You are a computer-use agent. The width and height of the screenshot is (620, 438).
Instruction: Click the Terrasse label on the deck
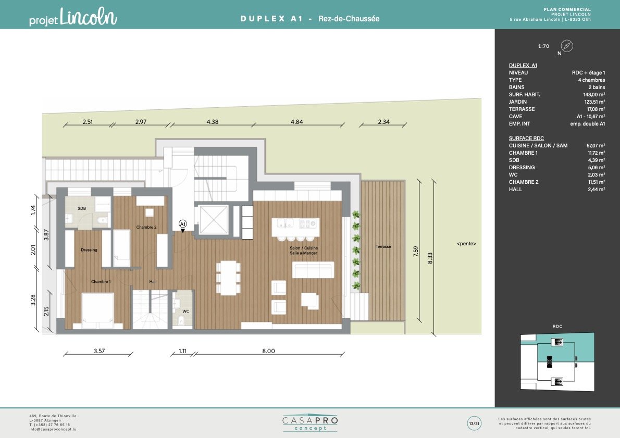(x=383, y=247)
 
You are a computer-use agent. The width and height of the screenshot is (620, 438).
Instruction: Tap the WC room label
(x=186, y=311)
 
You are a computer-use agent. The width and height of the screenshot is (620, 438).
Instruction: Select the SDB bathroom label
(x=81, y=208)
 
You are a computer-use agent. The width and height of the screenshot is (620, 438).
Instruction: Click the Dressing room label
(x=89, y=250)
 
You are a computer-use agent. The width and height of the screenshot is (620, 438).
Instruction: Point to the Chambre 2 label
(x=146, y=227)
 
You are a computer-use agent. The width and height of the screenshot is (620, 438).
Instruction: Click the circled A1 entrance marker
(x=183, y=224)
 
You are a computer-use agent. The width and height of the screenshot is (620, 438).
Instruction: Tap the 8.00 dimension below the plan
(x=268, y=351)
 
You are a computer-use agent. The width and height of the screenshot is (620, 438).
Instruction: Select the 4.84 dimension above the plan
(x=296, y=122)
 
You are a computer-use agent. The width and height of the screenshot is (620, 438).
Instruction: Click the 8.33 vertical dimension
(x=430, y=258)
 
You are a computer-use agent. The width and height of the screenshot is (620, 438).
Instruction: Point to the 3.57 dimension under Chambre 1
(x=99, y=351)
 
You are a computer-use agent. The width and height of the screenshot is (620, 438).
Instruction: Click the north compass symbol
(x=567, y=46)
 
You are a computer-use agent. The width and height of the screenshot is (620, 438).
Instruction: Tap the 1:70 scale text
(x=544, y=46)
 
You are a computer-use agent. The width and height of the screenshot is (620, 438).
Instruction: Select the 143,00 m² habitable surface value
(x=594, y=94)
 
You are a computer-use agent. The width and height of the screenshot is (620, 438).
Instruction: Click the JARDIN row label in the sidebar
(x=517, y=102)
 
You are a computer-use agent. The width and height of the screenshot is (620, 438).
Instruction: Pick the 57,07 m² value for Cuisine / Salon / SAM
(x=596, y=145)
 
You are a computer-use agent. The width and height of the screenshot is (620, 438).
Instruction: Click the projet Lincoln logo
(x=73, y=17)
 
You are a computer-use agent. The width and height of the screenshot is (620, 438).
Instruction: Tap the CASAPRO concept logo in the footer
(x=311, y=423)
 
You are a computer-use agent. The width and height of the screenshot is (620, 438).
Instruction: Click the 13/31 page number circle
(x=474, y=423)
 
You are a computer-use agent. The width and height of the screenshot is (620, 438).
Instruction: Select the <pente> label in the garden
(x=466, y=244)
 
